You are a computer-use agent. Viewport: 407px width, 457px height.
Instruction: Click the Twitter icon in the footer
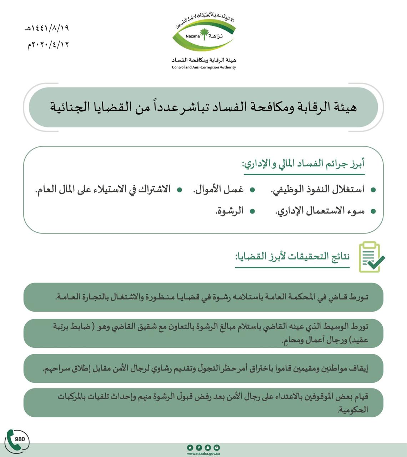pos(190,447)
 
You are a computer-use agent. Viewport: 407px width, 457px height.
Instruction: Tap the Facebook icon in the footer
pos(199,447)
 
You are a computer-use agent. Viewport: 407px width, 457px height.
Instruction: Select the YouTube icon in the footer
pos(217,447)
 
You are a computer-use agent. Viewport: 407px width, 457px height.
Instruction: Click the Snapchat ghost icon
pos(208,447)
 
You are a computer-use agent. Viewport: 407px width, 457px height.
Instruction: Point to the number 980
pos(20,439)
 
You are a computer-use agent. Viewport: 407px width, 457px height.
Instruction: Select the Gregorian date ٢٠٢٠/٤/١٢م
pos(48,45)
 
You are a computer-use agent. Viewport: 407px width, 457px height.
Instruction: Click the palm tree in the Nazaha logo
pos(203,34)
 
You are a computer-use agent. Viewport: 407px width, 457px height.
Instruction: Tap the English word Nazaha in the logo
pos(193,36)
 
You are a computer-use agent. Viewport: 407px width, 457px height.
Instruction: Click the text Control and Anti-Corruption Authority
pos(204,67)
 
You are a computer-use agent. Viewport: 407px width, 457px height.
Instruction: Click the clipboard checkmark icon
pos(371,257)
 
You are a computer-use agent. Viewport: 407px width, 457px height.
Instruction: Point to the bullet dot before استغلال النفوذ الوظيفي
pos(373,190)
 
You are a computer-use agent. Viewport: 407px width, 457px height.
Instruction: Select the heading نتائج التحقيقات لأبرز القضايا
pos(293,257)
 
